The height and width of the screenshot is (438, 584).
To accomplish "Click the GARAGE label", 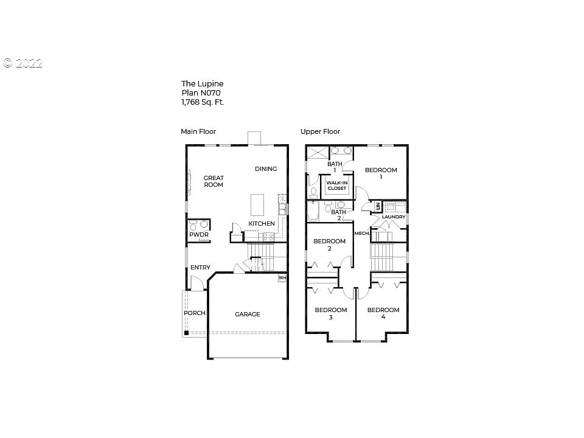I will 247,314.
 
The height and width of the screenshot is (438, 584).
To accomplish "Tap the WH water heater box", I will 282,278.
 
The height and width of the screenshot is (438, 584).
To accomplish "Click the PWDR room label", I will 198,234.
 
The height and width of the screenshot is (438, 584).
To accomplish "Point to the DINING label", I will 266,169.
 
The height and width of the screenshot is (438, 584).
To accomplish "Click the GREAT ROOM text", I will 214,181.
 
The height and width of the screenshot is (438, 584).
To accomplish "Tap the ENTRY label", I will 200,268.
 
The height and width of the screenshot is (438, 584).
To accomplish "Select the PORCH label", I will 195,313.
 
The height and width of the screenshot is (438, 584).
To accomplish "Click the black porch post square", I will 186,333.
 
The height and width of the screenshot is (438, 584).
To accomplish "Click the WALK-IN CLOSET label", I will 336,186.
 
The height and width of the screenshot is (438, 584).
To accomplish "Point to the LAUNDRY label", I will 394,217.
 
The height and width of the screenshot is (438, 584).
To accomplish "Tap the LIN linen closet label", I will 378,207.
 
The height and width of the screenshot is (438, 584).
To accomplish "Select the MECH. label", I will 362,233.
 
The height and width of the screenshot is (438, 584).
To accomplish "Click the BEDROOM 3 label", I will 330,313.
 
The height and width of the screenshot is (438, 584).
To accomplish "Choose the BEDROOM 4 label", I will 383,313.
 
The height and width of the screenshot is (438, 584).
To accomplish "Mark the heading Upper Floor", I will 320,131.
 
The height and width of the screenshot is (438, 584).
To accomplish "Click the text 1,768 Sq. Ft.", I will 203,102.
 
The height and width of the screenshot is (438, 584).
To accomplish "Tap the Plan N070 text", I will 200,93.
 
